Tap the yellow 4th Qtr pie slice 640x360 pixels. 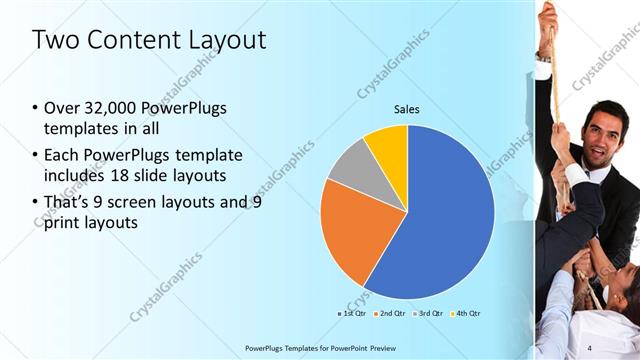(x=388, y=148)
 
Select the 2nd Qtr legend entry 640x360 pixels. (x=389, y=313)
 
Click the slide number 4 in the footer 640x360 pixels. (x=589, y=347)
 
